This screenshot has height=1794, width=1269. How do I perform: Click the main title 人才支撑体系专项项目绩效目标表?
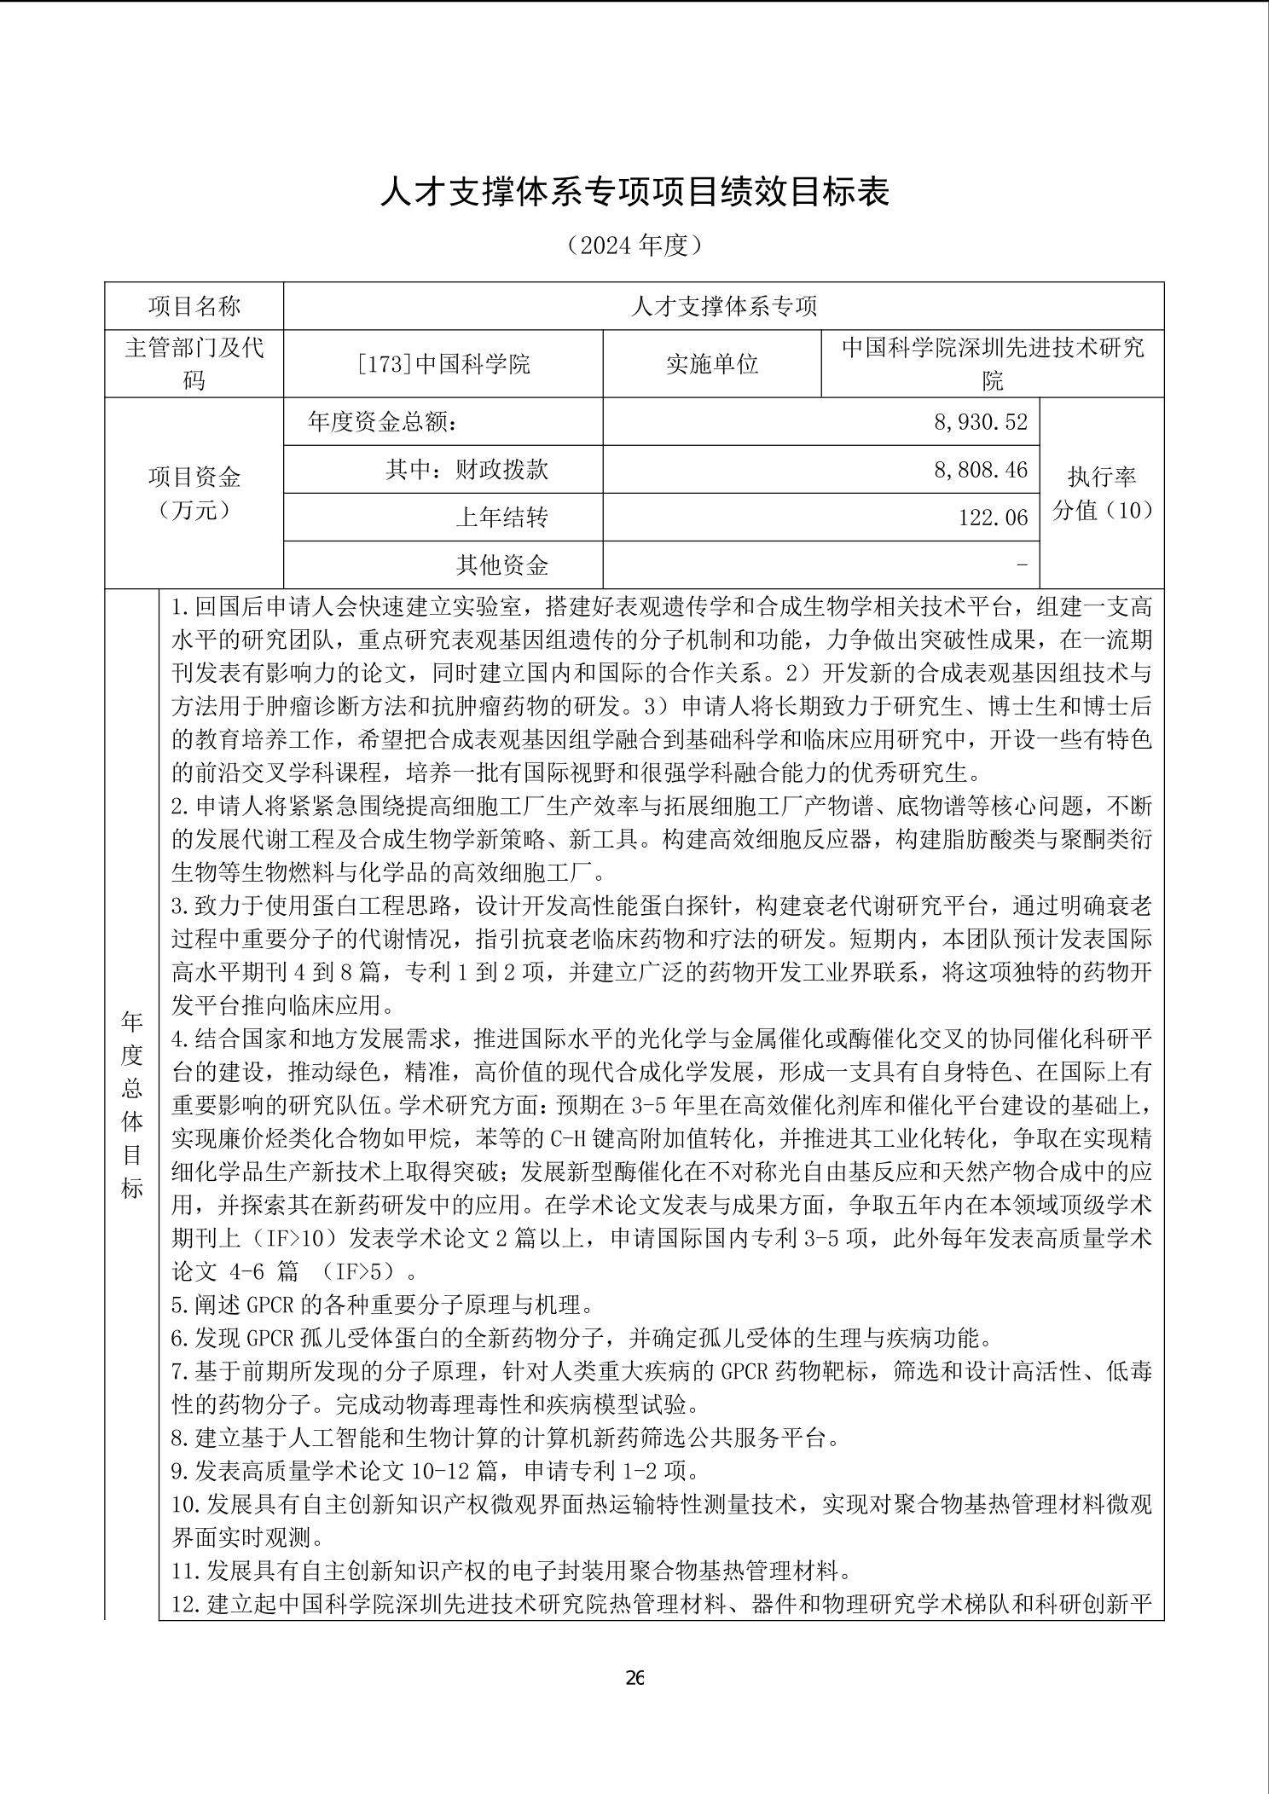pos(634,193)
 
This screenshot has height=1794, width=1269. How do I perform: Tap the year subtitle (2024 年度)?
pos(634,246)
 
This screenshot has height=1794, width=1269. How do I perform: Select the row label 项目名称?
pos(194,307)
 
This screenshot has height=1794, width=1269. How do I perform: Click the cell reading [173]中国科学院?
pos(443,364)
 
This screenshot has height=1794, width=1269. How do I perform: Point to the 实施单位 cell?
pos(712,364)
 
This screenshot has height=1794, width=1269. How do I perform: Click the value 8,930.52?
pos(981,422)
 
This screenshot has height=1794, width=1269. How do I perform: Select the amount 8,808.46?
pos(981,470)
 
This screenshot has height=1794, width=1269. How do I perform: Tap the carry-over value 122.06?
pos(993,518)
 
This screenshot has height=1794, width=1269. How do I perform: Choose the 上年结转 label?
pos(501,518)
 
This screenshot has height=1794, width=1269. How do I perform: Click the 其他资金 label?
pos(501,564)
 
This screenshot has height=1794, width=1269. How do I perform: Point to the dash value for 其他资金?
pos(1023,564)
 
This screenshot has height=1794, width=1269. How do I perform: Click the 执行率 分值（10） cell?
pos(1102,493)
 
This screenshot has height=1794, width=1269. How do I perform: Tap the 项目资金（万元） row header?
pos(194,493)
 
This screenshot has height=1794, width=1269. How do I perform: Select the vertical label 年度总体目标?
pos(132,1104)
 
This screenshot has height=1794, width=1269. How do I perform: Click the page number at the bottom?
pos(634,1678)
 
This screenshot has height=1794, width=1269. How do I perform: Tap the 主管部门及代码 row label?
pos(194,364)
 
